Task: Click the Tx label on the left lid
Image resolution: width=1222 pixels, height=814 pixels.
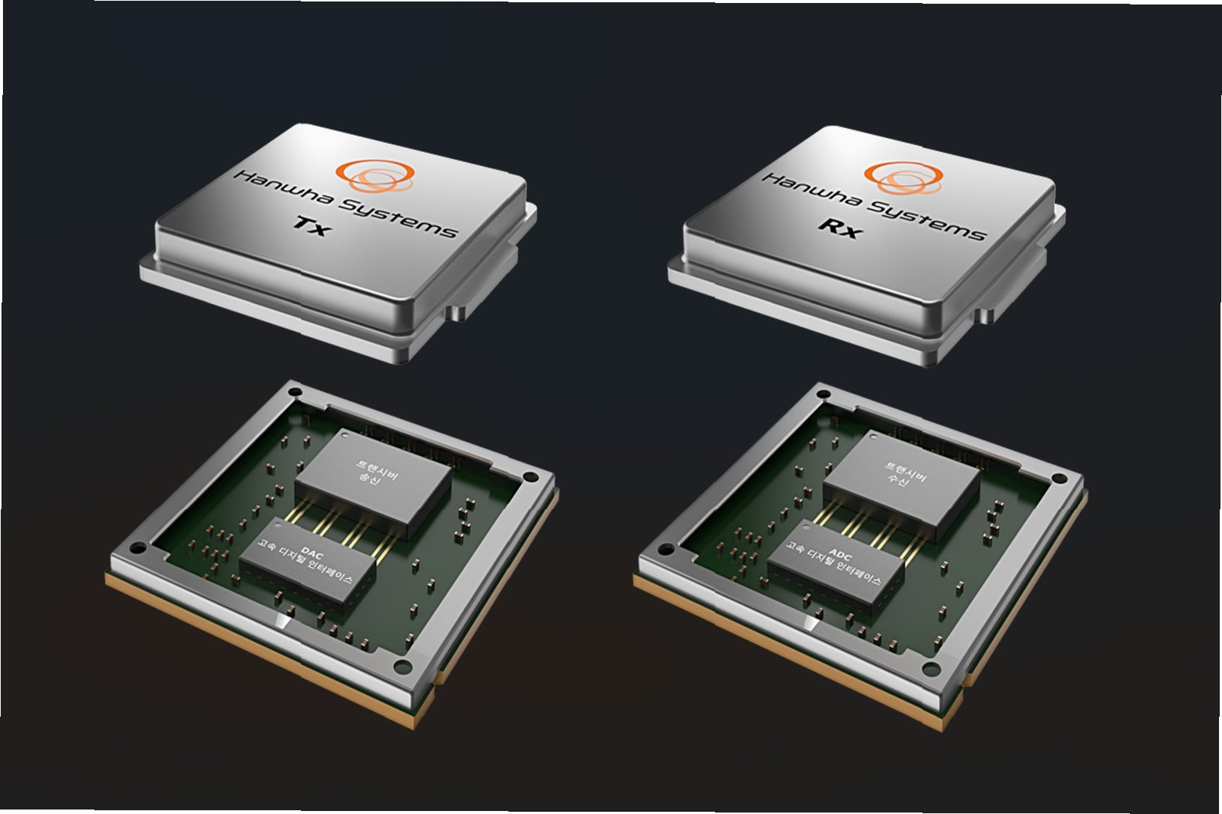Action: (312, 226)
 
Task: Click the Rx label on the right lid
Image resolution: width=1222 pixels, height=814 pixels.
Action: (841, 228)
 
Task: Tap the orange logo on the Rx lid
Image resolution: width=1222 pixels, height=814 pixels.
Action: (903, 177)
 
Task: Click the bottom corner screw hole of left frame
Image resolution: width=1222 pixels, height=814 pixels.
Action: (402, 665)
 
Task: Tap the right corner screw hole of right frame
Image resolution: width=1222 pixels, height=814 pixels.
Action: (1060, 479)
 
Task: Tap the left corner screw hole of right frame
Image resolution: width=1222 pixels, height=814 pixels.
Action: (666, 550)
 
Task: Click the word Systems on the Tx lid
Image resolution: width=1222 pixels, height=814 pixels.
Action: (398, 219)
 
